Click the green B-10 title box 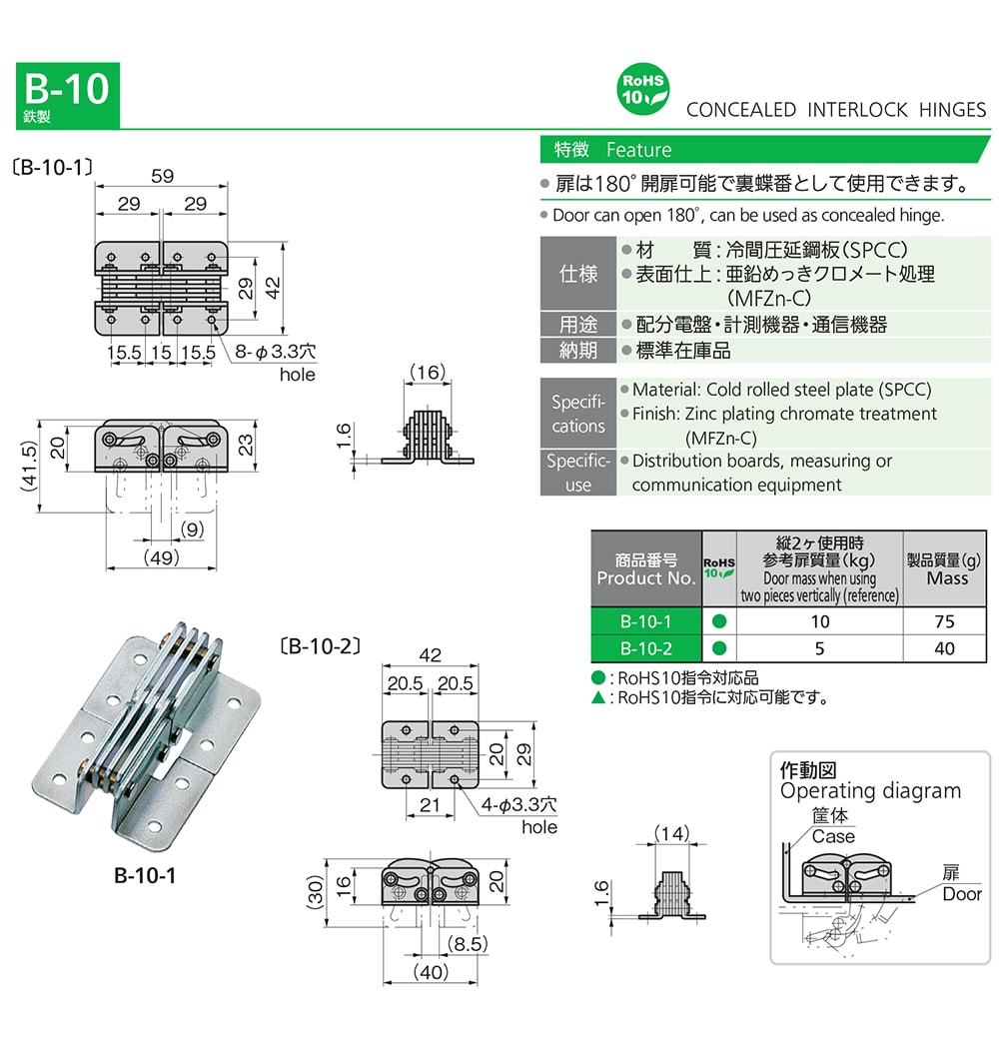click(68, 95)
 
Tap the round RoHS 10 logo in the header click(642, 90)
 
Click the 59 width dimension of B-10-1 click(162, 176)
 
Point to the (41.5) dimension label click(29, 467)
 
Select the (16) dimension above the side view click(428, 372)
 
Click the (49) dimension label click(162, 557)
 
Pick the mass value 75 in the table click(944, 621)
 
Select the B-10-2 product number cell click(645, 648)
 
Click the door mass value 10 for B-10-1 click(819, 621)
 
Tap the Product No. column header click(645, 569)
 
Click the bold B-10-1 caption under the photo click(145, 875)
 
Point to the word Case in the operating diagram click(833, 836)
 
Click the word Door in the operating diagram click(962, 894)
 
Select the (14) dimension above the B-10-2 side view click(672, 833)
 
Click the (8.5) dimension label click(468, 943)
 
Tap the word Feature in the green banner click(638, 150)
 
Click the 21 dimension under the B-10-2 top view click(430, 804)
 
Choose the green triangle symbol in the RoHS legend click(597, 697)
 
